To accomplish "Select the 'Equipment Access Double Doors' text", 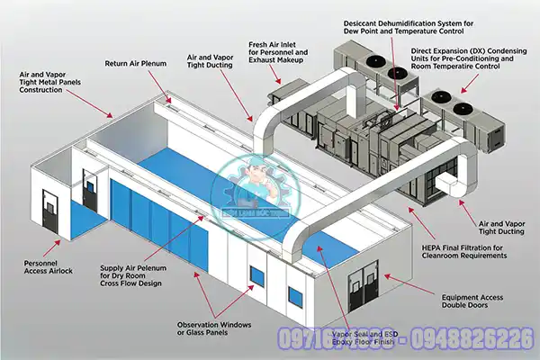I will tap(476, 300).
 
